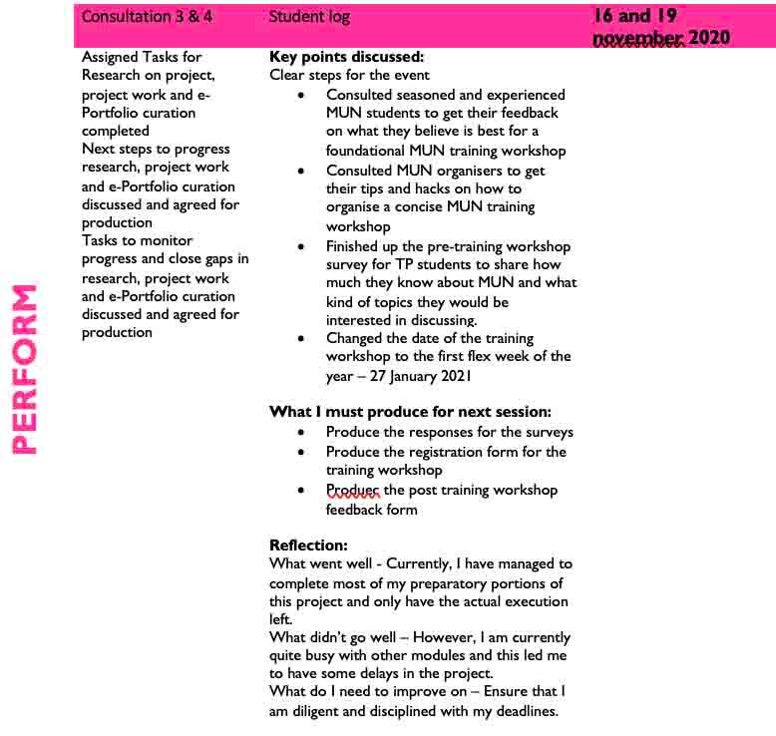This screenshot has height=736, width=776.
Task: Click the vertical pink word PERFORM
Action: click(25, 370)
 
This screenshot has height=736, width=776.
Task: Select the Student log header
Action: click(309, 17)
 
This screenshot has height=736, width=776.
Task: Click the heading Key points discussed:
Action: click(346, 57)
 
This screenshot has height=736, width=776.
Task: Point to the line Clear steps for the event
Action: click(349, 75)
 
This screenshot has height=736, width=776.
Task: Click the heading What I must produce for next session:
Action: click(410, 412)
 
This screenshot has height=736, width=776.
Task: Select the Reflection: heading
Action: click(308, 546)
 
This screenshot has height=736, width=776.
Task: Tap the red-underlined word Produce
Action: click(352, 490)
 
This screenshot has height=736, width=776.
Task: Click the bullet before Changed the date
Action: click(302, 338)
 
